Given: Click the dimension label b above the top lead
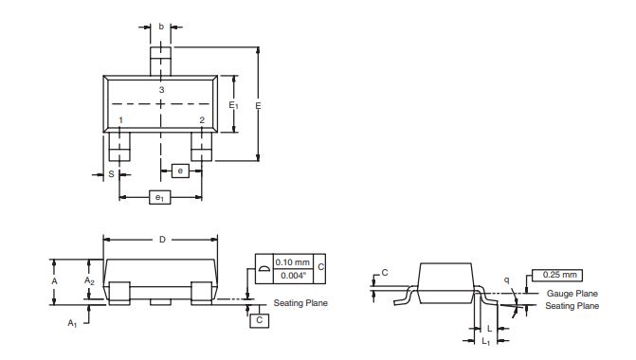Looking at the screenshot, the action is [161, 27].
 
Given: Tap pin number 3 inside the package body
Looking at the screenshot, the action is [161, 90].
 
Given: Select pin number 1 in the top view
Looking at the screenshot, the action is [121, 120].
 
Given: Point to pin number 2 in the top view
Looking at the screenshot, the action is [202, 120].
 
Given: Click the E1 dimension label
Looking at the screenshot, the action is [233, 105].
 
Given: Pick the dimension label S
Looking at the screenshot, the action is [112, 174].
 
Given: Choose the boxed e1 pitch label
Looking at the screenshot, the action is [160, 197].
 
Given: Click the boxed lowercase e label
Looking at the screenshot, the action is [180, 171].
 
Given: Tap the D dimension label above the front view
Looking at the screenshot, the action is [162, 240].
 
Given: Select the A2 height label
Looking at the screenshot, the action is [89, 280].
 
